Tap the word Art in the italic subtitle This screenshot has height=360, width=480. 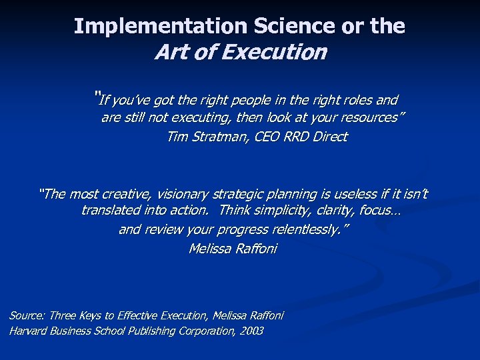click(169, 52)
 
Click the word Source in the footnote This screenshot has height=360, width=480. click(27, 315)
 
